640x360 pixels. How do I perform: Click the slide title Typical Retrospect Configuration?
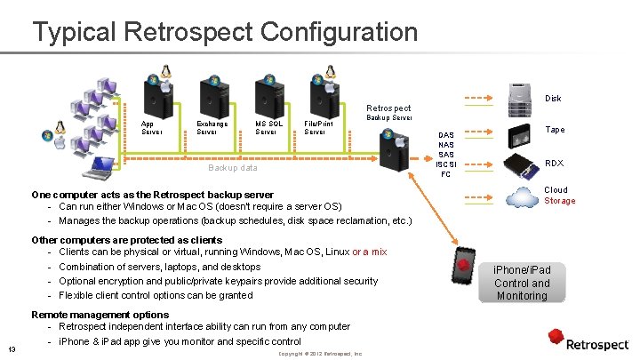[x=225, y=33]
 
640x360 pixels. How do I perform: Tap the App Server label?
[x=152, y=128]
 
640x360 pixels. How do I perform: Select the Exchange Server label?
[x=212, y=128]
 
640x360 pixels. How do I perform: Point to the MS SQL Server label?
[x=268, y=128]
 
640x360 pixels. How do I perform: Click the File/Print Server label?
[x=318, y=128]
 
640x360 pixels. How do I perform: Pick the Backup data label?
[x=232, y=167]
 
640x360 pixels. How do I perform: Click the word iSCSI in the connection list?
[x=446, y=164]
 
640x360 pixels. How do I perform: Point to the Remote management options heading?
[x=100, y=315]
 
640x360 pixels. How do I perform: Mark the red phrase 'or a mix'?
[x=370, y=252]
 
